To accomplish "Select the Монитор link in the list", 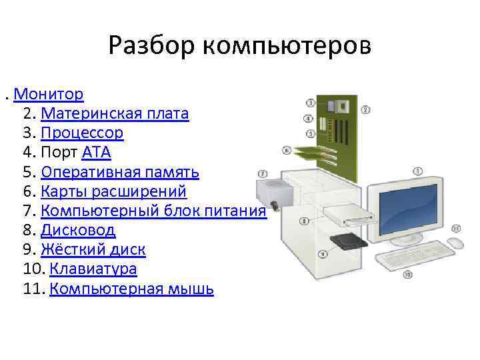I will pyautogui.click(x=48, y=94).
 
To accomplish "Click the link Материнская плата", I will pyautogui.click(x=115, y=113).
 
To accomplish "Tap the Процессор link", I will pyautogui.click(x=82, y=133).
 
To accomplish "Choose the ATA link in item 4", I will pyautogui.click(x=96, y=153).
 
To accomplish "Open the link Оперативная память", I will pyautogui.click(x=120, y=172).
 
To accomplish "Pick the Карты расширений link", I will pyautogui.click(x=113, y=192).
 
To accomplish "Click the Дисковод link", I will pyautogui.click(x=78, y=231).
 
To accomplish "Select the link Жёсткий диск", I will pyautogui.click(x=93, y=250).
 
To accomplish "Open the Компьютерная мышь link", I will pyautogui.click(x=131, y=289).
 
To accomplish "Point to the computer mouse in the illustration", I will pyautogui.click(x=455, y=243).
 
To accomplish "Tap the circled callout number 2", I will pyautogui.click(x=366, y=109).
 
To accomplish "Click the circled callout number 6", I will pyautogui.click(x=287, y=150).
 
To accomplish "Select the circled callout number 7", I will pyautogui.click(x=263, y=173).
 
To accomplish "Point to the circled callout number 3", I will pyautogui.click(x=311, y=103).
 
